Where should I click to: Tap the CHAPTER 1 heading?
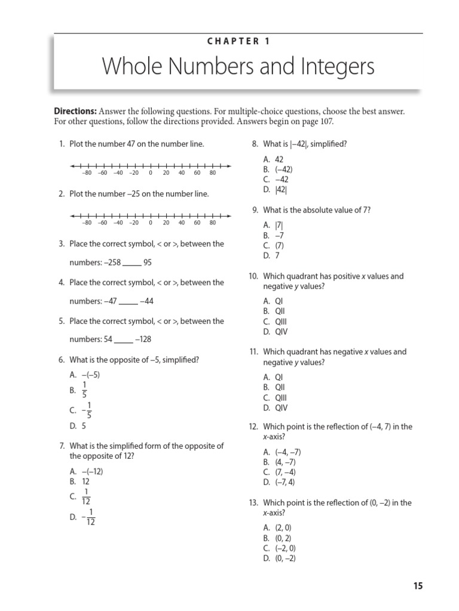point(238,41)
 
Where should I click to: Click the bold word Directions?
point(75,112)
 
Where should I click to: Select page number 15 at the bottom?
point(417,586)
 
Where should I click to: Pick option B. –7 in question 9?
point(275,235)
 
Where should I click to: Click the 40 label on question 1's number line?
point(182,173)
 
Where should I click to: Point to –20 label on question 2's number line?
point(134,223)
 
